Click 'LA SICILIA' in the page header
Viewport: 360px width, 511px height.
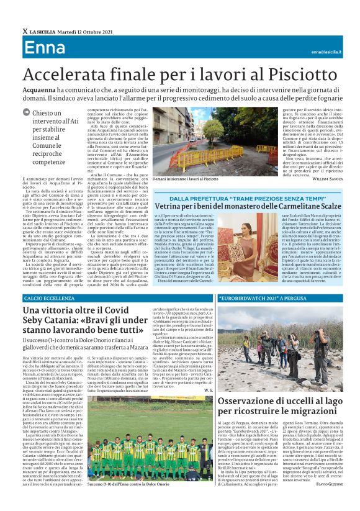coord(43,30)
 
